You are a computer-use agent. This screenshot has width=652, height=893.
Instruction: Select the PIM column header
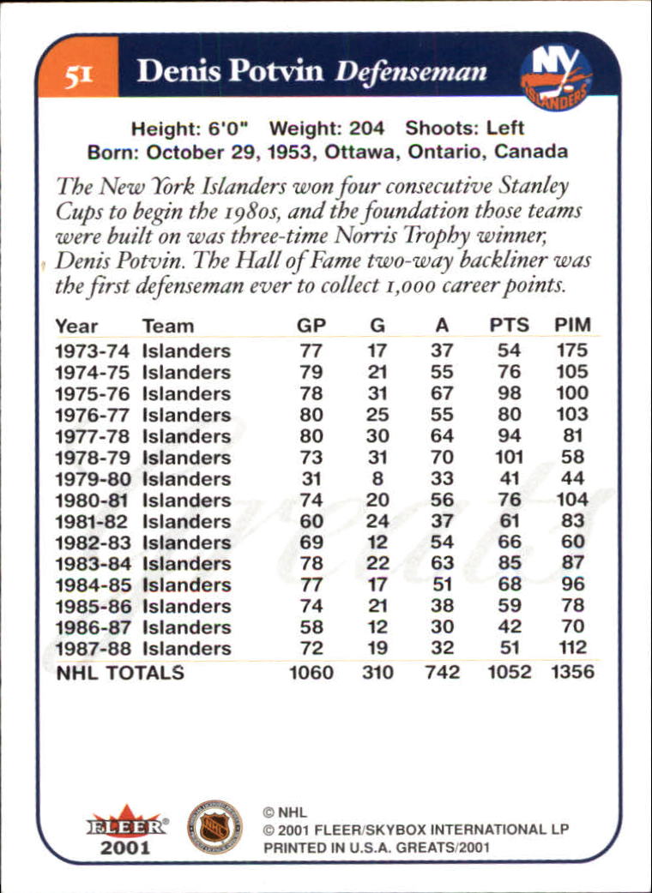pyautogui.click(x=571, y=326)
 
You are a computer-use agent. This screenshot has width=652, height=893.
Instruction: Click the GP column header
pyautogui.click(x=312, y=326)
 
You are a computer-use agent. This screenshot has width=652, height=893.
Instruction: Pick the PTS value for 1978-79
pyautogui.click(x=510, y=458)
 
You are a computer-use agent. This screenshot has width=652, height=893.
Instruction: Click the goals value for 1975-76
pyautogui.click(x=377, y=394)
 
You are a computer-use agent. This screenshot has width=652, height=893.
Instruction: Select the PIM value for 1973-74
pyautogui.click(x=571, y=351)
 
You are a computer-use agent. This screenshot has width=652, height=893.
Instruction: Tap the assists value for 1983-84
pyautogui.click(x=442, y=564)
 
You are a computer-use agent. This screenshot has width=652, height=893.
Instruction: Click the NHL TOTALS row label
pyautogui.click(x=120, y=673)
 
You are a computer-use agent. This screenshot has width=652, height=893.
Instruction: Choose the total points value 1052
pyautogui.click(x=510, y=673)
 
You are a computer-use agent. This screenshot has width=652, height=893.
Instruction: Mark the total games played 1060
pyautogui.click(x=311, y=673)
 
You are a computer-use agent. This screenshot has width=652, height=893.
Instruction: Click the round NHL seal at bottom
pyautogui.click(x=214, y=826)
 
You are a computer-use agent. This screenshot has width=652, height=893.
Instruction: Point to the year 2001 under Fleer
pyautogui.click(x=125, y=848)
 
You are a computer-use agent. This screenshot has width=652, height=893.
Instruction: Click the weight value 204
pyautogui.click(x=368, y=129)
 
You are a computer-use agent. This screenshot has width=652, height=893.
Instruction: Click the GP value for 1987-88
pyautogui.click(x=311, y=648)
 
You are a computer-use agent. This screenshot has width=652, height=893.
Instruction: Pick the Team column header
pyautogui.click(x=168, y=326)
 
